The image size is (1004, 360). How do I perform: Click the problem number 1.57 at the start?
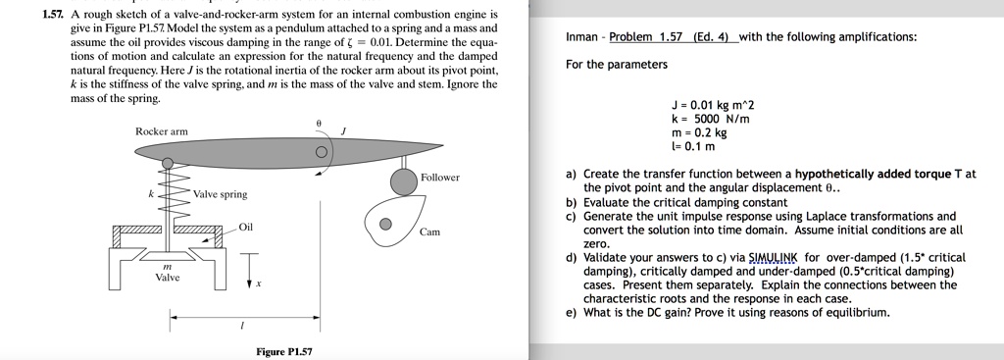[53, 15]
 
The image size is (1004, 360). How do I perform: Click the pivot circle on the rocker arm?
[321, 153]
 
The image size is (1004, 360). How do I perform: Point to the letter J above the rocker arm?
[343, 130]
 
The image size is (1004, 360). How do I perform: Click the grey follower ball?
[404, 181]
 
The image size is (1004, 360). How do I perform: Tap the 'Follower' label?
[439, 178]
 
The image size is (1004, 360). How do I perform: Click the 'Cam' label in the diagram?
[429, 232]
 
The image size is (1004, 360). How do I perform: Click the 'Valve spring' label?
[221, 194]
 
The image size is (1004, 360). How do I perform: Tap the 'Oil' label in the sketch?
[246, 228]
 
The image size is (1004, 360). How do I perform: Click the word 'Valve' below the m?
[168, 278]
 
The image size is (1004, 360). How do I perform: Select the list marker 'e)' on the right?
[572, 313]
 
